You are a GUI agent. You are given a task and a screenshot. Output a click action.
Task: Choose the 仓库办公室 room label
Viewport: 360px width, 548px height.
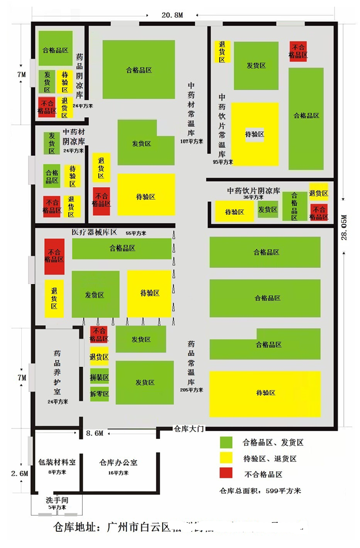tap(119, 462)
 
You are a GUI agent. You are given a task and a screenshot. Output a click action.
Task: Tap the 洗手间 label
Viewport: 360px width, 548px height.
tap(57, 499)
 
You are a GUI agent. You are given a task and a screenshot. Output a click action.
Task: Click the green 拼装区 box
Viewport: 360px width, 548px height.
tap(100, 377)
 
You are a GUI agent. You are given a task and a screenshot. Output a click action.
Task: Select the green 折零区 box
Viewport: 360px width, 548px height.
tap(100, 394)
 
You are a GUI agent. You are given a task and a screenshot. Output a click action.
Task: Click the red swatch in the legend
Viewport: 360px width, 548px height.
tap(226, 474)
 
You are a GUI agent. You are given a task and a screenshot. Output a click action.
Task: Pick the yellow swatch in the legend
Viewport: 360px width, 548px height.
tap(226, 458)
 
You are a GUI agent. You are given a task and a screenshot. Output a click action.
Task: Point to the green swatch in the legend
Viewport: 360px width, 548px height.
tap(226, 442)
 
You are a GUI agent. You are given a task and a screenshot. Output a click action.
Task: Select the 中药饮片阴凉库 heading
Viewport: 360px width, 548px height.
tap(253, 190)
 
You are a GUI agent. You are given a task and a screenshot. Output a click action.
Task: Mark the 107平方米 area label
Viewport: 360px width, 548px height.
tap(191, 141)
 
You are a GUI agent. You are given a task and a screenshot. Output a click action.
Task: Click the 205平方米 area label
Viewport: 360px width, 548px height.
tap(191, 390)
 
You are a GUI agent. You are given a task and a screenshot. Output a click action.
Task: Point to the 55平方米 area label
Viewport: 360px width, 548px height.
tap(136, 233)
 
